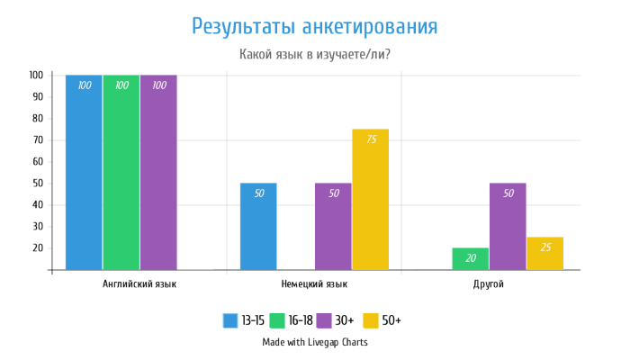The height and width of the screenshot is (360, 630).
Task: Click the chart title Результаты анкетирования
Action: tap(314, 26)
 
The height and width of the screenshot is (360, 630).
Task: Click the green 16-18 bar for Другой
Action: tap(470, 259)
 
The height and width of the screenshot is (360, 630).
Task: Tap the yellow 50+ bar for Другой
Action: tap(544, 254)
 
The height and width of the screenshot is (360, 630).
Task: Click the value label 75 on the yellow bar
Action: tap(371, 139)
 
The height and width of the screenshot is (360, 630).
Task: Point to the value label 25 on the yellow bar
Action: tap(544, 247)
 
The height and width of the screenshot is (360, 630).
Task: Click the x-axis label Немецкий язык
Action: tap(314, 284)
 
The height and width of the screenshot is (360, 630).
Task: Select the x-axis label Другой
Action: tap(489, 284)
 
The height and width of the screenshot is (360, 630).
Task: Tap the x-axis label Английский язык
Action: tap(139, 284)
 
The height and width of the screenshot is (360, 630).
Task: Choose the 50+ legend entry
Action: tap(382, 320)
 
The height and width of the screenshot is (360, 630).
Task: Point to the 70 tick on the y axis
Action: tap(37, 140)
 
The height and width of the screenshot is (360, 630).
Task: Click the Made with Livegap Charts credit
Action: tap(314, 342)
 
